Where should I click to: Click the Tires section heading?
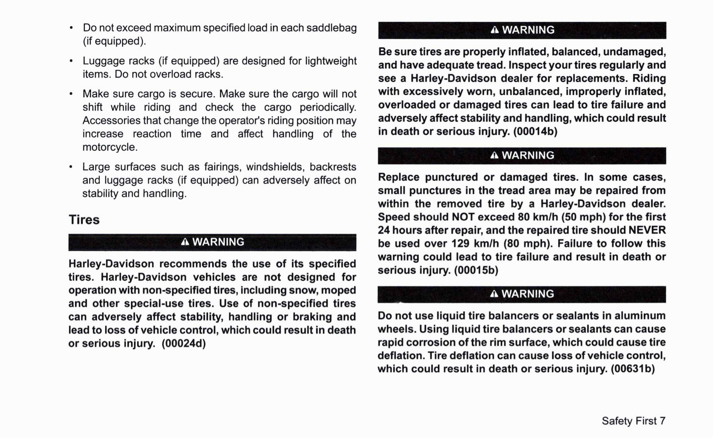coord(84,219)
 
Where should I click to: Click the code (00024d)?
coord(184,343)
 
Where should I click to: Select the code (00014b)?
coord(535,132)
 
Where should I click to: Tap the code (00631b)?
coord(633,369)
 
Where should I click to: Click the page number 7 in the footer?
coord(663,421)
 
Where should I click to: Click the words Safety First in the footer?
coord(629,421)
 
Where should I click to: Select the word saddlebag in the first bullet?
coord(332,28)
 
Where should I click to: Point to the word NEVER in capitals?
coord(647,230)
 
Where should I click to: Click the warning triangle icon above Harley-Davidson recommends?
coord(185,242)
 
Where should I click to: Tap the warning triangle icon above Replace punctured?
coord(494,156)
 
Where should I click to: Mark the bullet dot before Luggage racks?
coord(72,61)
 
